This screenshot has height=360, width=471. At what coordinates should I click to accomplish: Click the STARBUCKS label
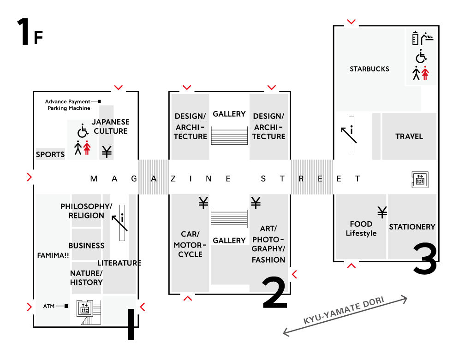[x=369, y=69]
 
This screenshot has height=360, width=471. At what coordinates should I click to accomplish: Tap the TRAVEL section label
[x=409, y=136]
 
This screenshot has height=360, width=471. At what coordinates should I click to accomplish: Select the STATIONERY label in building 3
[x=412, y=227]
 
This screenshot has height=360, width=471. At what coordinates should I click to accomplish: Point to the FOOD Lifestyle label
[x=361, y=229]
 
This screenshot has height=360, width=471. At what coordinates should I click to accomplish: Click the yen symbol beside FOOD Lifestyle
[x=382, y=212]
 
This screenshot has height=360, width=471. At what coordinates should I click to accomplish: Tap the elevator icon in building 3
[x=420, y=179]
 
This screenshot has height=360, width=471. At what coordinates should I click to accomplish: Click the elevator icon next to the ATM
[x=84, y=308]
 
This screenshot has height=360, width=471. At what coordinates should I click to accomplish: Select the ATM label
[x=49, y=306]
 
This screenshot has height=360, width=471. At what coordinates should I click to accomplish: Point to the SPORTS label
[x=50, y=154]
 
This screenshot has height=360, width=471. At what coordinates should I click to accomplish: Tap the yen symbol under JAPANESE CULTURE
[x=107, y=152]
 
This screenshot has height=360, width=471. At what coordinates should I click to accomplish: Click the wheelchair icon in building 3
[x=421, y=57]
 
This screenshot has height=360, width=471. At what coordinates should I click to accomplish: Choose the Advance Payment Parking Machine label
[x=68, y=105]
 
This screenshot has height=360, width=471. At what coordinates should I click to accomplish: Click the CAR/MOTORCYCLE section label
[x=188, y=245]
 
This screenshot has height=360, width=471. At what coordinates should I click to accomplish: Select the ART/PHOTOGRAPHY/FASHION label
[x=268, y=244]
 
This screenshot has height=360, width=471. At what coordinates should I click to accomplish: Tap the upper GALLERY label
[x=229, y=114]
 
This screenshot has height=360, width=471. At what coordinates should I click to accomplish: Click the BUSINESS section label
[x=86, y=246]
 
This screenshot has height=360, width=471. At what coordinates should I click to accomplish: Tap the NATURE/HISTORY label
[x=86, y=278]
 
